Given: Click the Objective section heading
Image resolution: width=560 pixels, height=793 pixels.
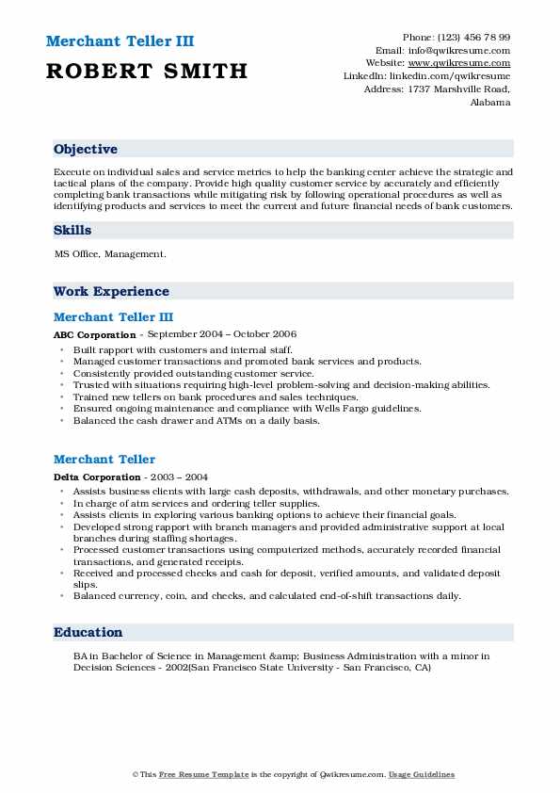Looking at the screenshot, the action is pyautogui.click(x=86, y=150).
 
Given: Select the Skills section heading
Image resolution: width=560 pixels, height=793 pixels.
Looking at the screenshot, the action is pyautogui.click(x=72, y=231).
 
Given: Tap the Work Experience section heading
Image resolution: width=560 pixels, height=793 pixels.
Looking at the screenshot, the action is pyautogui.click(x=111, y=292).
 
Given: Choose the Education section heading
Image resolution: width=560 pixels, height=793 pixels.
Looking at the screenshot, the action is pyautogui.click(x=88, y=633).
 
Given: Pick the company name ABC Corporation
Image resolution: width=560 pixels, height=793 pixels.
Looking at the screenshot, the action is pyautogui.click(x=95, y=334).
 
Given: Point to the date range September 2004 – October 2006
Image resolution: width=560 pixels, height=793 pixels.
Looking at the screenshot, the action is pyautogui.click(x=221, y=334).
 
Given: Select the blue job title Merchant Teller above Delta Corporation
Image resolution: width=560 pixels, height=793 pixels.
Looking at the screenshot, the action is pyautogui.click(x=104, y=460).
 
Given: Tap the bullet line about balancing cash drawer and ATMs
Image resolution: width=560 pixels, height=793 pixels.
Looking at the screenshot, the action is pyautogui.click(x=196, y=421).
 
